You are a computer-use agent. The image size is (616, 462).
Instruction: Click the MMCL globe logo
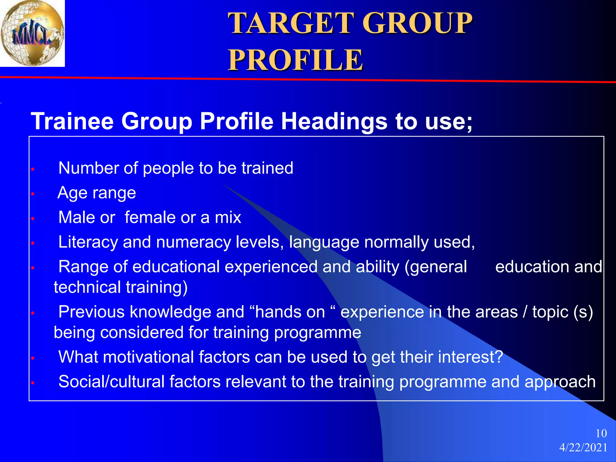pyautogui.click(x=32, y=33)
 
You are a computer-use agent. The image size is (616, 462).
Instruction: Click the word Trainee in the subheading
pyautogui.click(x=72, y=121)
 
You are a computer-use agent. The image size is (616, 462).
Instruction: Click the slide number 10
pyautogui.click(x=601, y=433)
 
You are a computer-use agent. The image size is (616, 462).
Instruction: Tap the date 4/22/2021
pyautogui.click(x=583, y=448)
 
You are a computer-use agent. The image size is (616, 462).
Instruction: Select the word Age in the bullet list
pyautogui.click(x=70, y=193)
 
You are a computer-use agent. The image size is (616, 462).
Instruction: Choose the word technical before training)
pyautogui.click(x=87, y=287)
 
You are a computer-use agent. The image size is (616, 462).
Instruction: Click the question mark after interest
pyautogui.click(x=499, y=357)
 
